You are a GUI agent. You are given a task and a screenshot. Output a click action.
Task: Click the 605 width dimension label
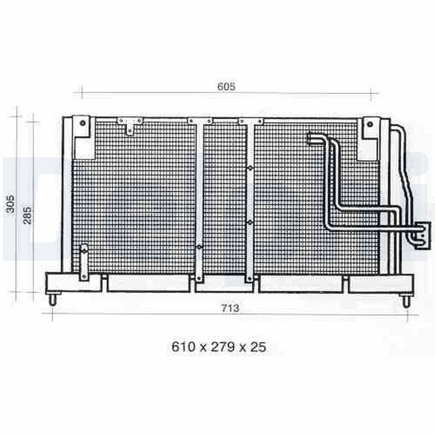pos(226,86)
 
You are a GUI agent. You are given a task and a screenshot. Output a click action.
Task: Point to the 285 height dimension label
pos(28,215)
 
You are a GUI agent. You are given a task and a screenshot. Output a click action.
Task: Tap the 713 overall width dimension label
pos(230,308)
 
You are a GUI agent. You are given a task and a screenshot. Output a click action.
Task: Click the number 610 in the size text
pos(183,347)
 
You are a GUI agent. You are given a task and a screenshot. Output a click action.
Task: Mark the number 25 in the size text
pos(258,347)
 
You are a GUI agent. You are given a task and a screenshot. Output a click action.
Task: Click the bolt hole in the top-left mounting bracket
pos(82,122)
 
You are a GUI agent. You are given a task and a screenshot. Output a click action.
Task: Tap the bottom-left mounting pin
pos(52,300)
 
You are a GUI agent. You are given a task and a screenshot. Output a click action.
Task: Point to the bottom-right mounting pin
pos(406,301)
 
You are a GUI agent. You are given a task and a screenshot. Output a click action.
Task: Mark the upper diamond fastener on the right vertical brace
pos(250,169)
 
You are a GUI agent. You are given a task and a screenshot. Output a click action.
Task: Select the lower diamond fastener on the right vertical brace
pos(250,222)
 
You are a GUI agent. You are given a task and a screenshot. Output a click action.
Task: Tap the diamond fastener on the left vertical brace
pos(199,247)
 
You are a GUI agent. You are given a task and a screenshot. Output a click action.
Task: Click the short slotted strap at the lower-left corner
pos(84,262)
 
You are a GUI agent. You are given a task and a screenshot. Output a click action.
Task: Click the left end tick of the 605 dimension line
pos(81,92)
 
